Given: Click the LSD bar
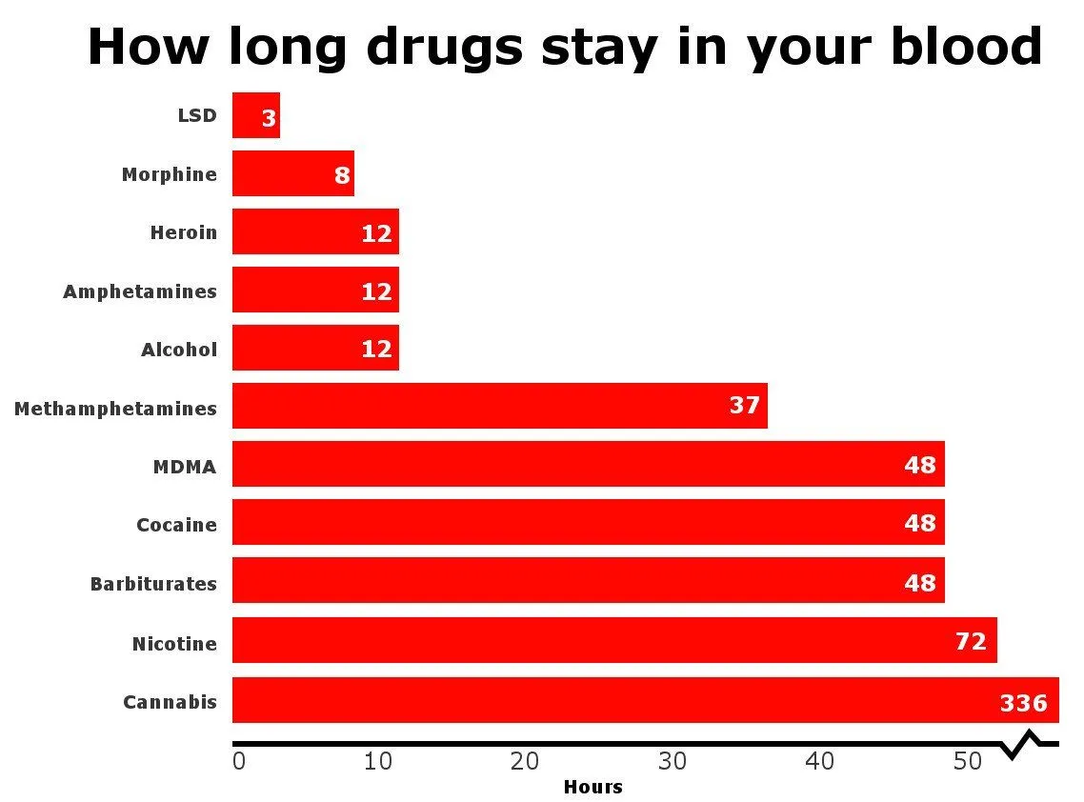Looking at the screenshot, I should (255, 116).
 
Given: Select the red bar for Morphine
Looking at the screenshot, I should (292, 174).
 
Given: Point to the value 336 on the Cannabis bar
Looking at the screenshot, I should (1023, 704).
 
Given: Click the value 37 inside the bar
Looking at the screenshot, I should (745, 406).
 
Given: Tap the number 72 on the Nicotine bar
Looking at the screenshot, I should (971, 642).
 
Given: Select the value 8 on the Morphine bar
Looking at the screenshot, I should (342, 176).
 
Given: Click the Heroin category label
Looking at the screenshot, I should (183, 232).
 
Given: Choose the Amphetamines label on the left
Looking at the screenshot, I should (140, 291).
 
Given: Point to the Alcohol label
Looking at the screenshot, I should (179, 350).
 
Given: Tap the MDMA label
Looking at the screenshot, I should (185, 467).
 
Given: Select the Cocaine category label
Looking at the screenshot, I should (176, 525).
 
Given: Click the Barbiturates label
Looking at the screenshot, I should (153, 584).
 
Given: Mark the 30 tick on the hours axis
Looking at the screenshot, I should (672, 762).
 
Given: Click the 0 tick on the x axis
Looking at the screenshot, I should (239, 762).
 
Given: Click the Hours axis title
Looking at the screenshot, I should (592, 788).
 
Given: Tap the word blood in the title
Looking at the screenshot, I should (967, 46).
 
